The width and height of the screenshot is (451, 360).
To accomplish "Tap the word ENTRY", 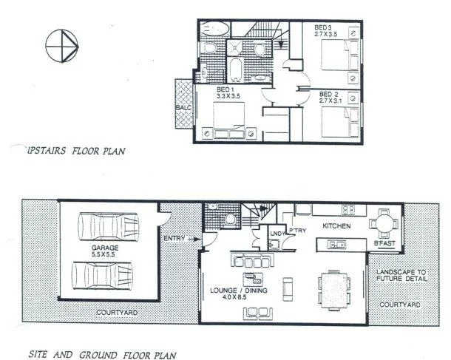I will point(174,237).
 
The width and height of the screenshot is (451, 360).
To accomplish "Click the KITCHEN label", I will point(336,225).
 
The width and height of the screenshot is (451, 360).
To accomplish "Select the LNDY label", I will point(278,234).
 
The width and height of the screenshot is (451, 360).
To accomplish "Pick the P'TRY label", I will point(299,231).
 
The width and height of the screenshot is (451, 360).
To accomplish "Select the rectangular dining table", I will point(333,284).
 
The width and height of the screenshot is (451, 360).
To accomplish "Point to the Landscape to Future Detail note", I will point(402,276).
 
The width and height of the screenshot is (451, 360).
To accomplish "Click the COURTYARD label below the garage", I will point(116,313).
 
